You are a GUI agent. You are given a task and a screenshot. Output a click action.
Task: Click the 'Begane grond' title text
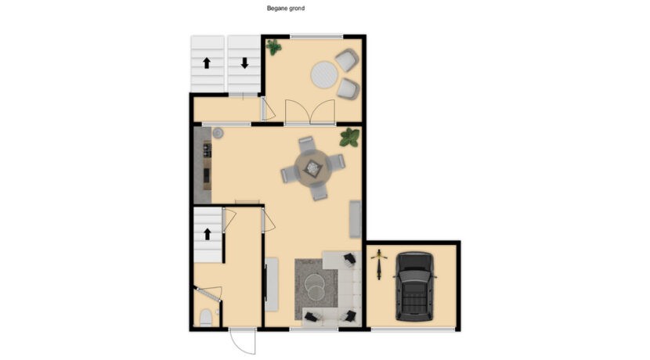pos(286,8)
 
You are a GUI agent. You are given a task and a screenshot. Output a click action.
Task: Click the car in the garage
pos(414,286)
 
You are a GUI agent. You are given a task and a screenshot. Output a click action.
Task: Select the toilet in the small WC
pos(206,318)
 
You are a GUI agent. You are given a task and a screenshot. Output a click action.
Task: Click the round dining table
pos(312,167)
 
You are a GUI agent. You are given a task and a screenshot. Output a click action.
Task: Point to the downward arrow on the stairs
pos(244,63)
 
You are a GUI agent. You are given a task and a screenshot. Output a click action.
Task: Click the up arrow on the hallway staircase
pos(208,234)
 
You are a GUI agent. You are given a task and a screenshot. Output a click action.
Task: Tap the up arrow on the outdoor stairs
pos(207,63)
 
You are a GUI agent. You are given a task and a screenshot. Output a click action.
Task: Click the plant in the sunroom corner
pos(273,47)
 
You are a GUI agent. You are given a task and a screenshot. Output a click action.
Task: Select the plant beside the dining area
pos(349,138)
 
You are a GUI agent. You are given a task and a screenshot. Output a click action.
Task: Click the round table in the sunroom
pos(324,75)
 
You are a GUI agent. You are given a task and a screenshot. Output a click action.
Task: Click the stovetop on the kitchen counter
pos(207,149)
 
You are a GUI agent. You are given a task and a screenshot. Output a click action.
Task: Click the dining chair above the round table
pos(306,144)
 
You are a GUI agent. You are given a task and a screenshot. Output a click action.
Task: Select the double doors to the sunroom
pos(310,111)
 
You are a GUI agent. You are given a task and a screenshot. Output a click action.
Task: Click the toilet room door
pos(210,293)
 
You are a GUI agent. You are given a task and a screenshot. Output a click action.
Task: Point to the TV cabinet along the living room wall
pos(272,285)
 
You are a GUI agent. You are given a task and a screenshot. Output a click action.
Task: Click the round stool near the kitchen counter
pos(218,133)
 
